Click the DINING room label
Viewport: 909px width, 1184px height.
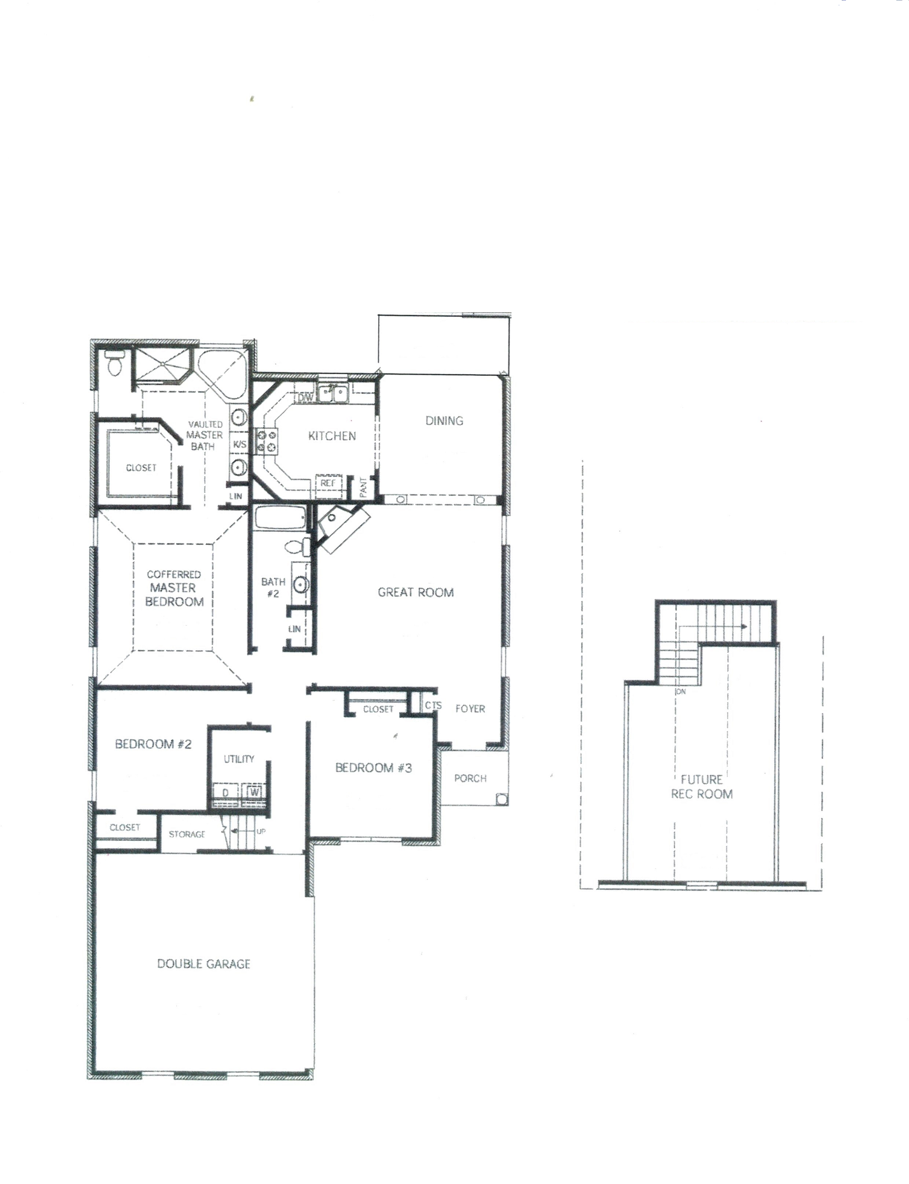444,421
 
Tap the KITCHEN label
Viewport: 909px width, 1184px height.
332,436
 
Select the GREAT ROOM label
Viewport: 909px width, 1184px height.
416,592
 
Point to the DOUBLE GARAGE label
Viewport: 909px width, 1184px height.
204,963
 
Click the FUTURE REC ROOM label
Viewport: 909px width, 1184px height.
702,787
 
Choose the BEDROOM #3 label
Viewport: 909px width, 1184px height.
374,768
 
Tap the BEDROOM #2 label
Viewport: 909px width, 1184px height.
153,744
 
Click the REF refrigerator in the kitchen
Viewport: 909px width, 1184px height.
328,483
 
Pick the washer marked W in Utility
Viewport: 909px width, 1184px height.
254,792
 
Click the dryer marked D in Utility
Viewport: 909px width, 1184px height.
225,792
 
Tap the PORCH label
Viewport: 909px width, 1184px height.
470,778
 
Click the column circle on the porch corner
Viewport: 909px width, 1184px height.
501,798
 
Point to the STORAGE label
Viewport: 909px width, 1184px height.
187,834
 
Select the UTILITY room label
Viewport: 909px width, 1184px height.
239,759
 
